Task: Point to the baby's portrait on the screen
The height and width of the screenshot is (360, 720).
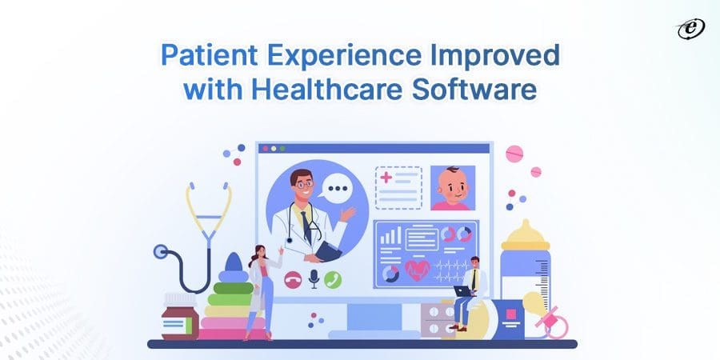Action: pyautogui.click(x=453, y=189)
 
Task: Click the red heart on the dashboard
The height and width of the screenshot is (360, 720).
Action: pyautogui.click(x=417, y=270)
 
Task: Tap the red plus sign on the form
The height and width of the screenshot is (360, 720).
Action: pyautogui.click(x=386, y=177)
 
